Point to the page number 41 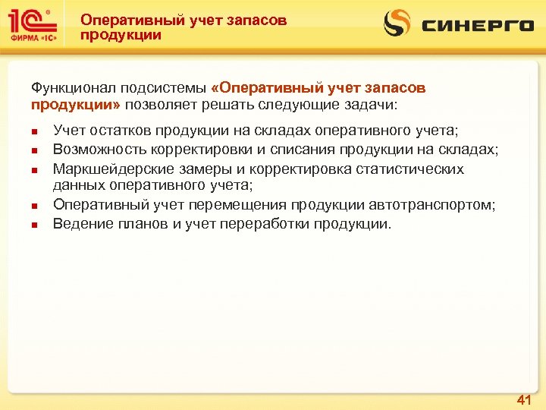[524, 399]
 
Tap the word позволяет [163, 104]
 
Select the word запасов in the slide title [256, 20]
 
